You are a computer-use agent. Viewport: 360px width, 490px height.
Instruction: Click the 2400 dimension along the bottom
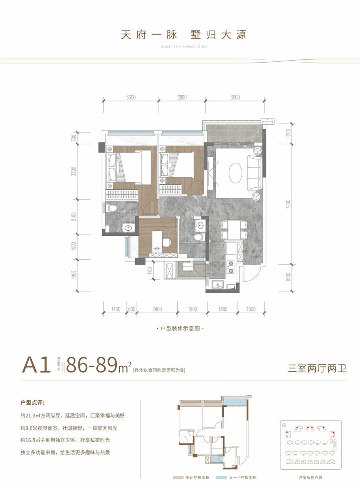click(157, 309)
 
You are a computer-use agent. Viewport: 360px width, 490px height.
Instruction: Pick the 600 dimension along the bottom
click(132, 309)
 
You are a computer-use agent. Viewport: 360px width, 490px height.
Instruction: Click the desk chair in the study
click(167, 241)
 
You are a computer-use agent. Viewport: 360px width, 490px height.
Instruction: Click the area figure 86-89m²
click(98, 367)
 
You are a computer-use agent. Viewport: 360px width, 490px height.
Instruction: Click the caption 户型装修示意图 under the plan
click(180, 328)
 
